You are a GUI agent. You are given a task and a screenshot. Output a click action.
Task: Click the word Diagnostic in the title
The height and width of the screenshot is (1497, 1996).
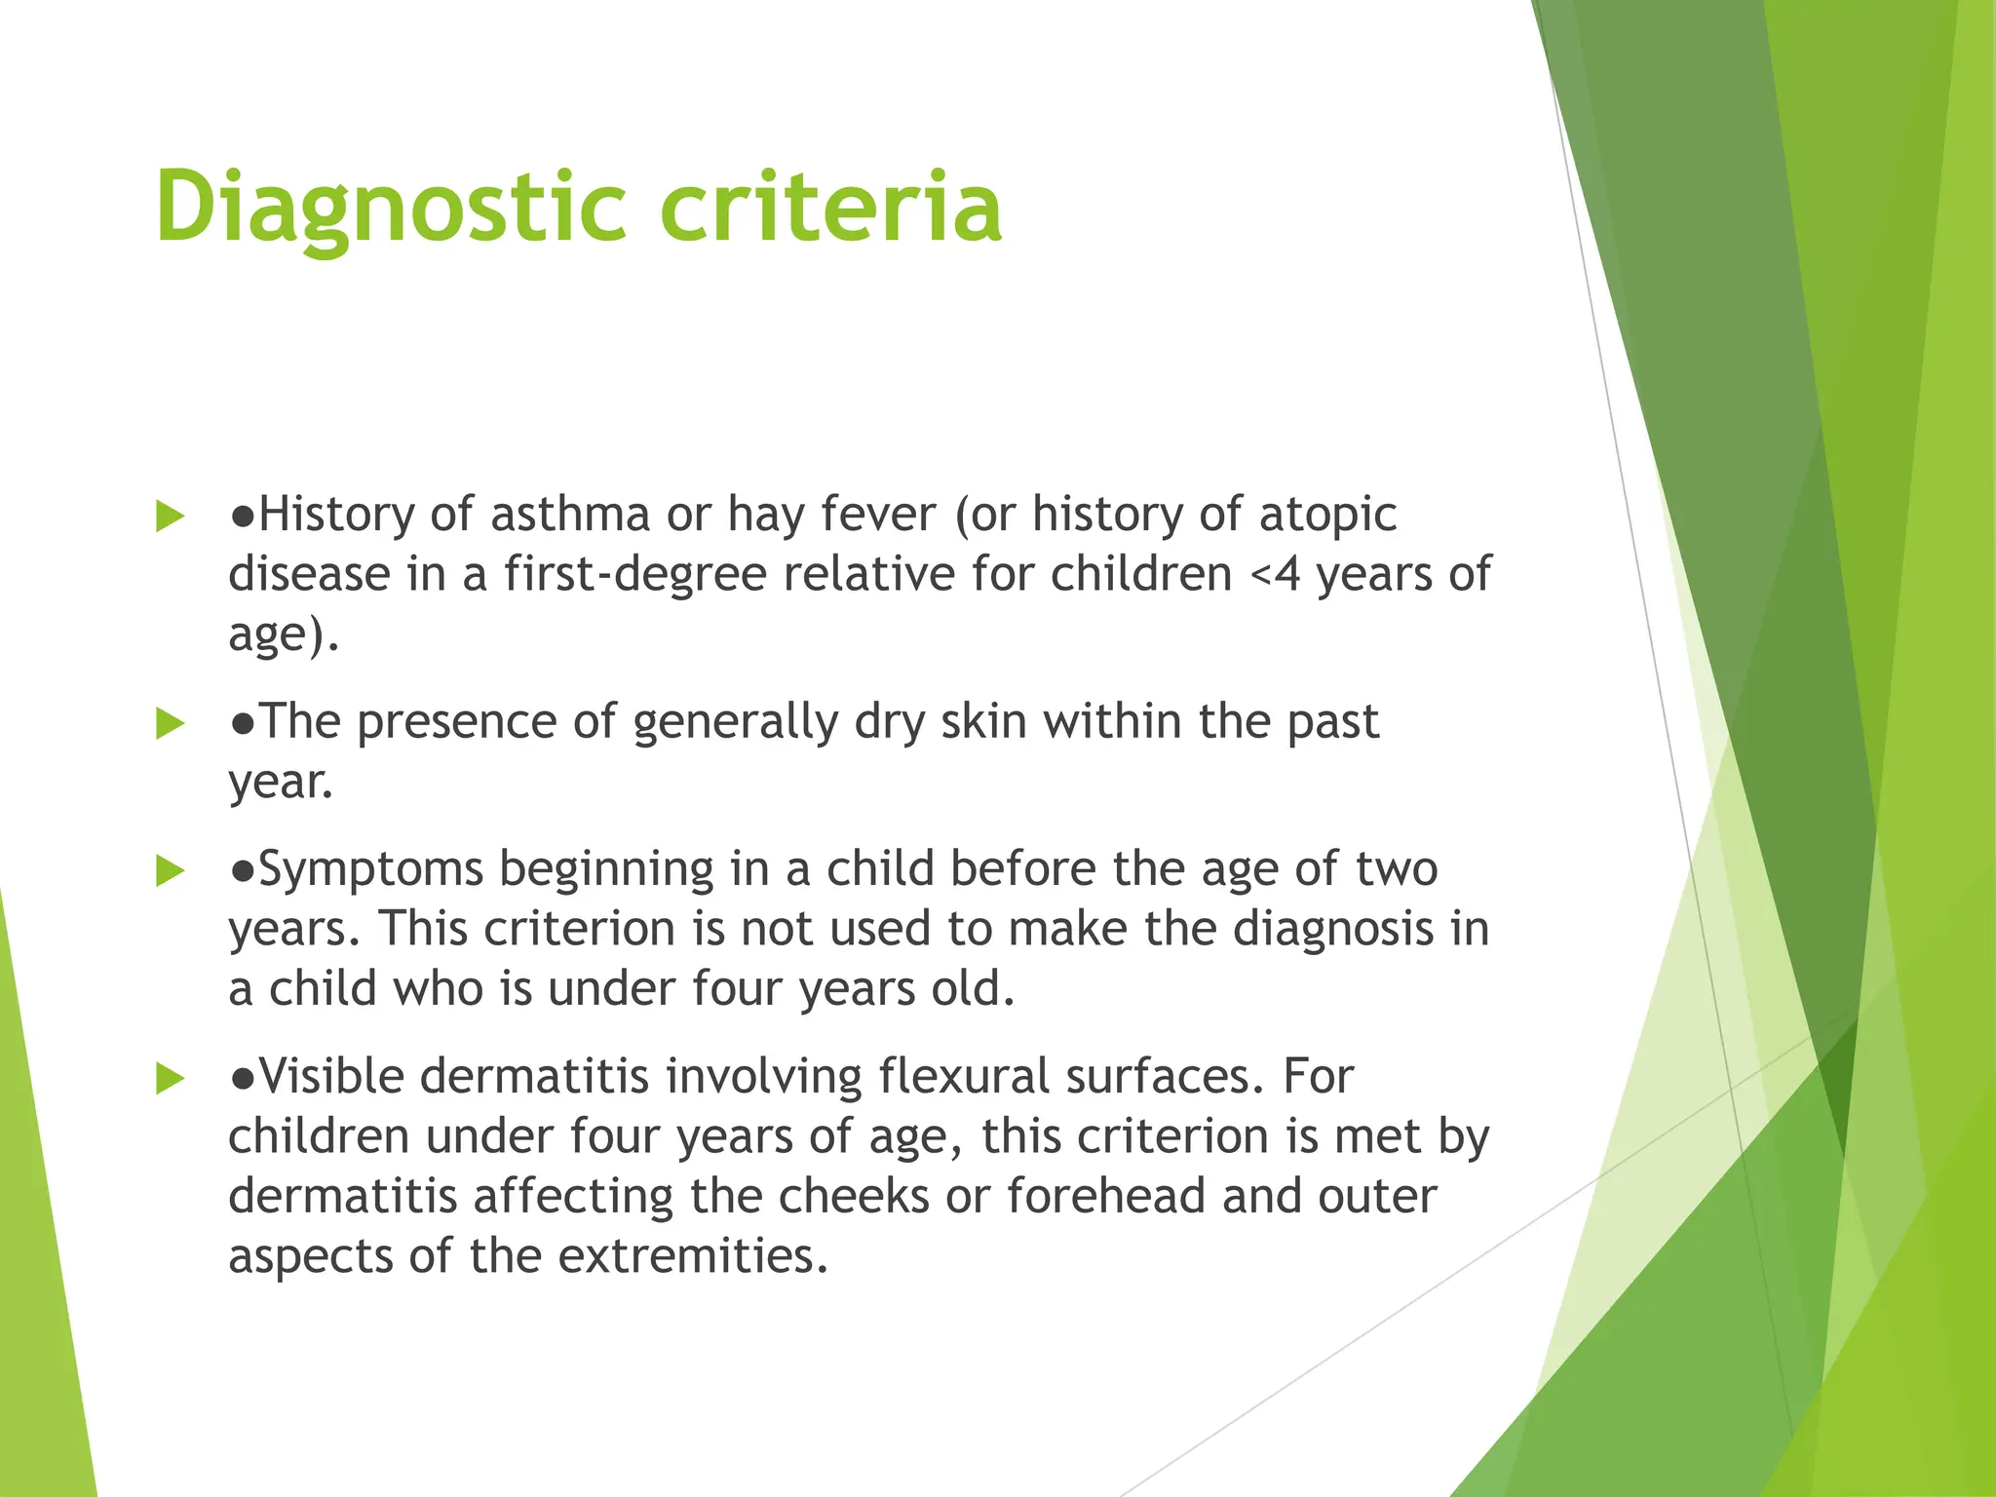coord(390,208)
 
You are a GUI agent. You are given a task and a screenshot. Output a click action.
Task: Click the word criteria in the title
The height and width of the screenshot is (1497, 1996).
coord(830,208)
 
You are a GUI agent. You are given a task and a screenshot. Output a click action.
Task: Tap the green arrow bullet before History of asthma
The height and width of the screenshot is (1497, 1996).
coord(171,517)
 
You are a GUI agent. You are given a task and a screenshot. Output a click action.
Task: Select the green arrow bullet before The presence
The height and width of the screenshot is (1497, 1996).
coord(171,724)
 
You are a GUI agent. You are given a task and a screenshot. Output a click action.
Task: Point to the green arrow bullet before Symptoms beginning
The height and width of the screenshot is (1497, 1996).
coord(171,871)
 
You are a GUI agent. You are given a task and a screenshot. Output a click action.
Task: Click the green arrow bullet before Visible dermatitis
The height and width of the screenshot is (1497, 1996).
coord(171,1079)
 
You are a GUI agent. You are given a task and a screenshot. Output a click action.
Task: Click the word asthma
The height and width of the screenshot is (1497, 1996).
coord(569,515)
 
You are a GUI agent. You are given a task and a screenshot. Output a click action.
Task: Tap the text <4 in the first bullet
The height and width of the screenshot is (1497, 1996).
coord(1274,574)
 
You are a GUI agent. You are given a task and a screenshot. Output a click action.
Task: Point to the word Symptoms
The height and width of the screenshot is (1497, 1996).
coord(371,870)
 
